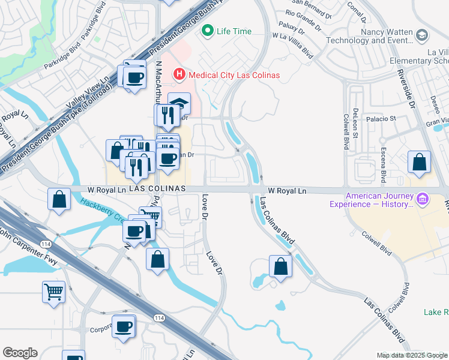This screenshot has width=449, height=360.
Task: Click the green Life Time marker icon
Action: coord(208,30)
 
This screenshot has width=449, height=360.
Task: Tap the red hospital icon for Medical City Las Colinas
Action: coord(178,75)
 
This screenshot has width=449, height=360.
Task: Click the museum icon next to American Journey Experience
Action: coord(422,198)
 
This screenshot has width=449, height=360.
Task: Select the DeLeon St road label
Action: coord(355,119)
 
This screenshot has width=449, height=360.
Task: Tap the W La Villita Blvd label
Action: coord(294,44)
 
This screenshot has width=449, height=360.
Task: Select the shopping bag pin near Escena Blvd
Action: coord(419,162)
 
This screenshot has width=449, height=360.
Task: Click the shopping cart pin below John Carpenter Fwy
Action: coord(53,292)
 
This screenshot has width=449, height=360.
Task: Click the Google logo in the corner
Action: coord(20,353)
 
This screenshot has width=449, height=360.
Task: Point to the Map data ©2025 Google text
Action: coord(412,355)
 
